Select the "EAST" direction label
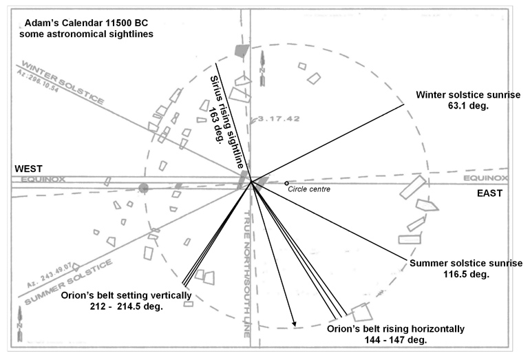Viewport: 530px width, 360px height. coord(490,193)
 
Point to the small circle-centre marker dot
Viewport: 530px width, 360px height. coord(287,183)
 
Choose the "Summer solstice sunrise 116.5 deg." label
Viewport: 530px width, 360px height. coord(466,268)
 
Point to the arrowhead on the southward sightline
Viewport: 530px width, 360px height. coord(295,323)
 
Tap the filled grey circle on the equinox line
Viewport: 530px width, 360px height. coord(143,187)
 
